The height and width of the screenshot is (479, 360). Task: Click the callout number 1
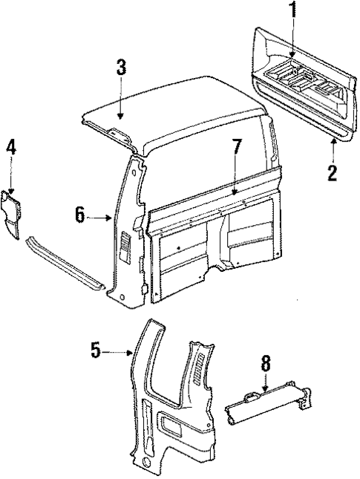pyautogui.click(x=292, y=11)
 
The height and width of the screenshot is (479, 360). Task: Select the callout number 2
pyautogui.click(x=333, y=173)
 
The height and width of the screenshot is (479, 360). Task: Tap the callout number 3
pyautogui.click(x=121, y=68)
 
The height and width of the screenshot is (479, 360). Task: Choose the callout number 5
pyautogui.click(x=95, y=351)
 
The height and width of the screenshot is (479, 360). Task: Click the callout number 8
pyautogui.click(x=264, y=364)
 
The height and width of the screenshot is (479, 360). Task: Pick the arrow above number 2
pyautogui.click(x=333, y=149)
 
